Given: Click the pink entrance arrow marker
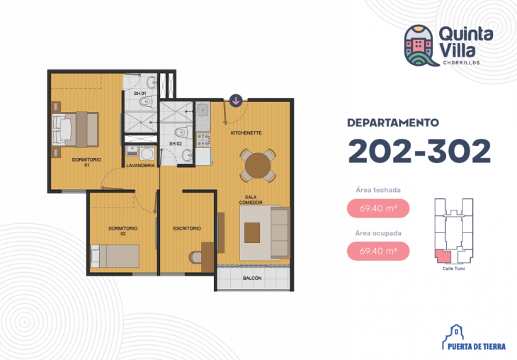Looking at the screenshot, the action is pos(236,101).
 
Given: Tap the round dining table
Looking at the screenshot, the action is pos(258,166).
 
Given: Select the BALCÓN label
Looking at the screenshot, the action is pos(252,279).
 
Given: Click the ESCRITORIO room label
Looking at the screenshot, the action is pos(187,228).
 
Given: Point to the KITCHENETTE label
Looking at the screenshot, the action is pos(246,133).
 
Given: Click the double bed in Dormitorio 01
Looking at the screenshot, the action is pos(76,130).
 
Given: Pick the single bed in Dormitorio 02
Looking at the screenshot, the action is pos(115,256).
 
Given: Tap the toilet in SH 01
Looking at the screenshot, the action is pos(147,101).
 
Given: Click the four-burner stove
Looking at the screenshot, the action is pos(203,140).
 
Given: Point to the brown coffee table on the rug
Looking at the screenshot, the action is pos(252,232).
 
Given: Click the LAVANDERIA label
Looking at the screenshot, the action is pos(140,166).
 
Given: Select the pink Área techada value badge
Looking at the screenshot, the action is pos(378,208).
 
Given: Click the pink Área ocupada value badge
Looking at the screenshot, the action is pos(378,251).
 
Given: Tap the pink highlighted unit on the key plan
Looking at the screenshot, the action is pos(443,256).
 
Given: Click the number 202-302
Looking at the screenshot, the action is pos(419,151).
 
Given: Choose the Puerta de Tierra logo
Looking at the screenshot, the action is pos(474,337).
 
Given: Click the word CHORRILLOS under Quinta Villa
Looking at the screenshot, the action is pos(461,62).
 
